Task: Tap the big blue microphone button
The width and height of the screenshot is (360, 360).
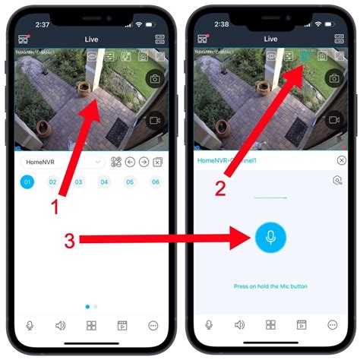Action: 270,238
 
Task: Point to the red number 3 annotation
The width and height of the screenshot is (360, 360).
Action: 68,241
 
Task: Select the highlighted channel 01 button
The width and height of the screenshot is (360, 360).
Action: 27,182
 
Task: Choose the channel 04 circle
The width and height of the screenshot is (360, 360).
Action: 104,182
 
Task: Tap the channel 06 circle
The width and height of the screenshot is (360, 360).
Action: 155,182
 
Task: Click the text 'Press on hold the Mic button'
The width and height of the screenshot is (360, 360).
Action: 270,286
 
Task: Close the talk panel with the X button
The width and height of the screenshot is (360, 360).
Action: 341,160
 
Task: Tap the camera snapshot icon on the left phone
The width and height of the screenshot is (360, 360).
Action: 155,78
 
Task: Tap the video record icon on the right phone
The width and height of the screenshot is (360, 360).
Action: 333,120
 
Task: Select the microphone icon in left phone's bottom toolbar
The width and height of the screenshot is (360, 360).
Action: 30,325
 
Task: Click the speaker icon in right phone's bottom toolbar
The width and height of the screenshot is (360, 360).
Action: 239,325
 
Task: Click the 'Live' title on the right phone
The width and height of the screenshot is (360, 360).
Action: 270,38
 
